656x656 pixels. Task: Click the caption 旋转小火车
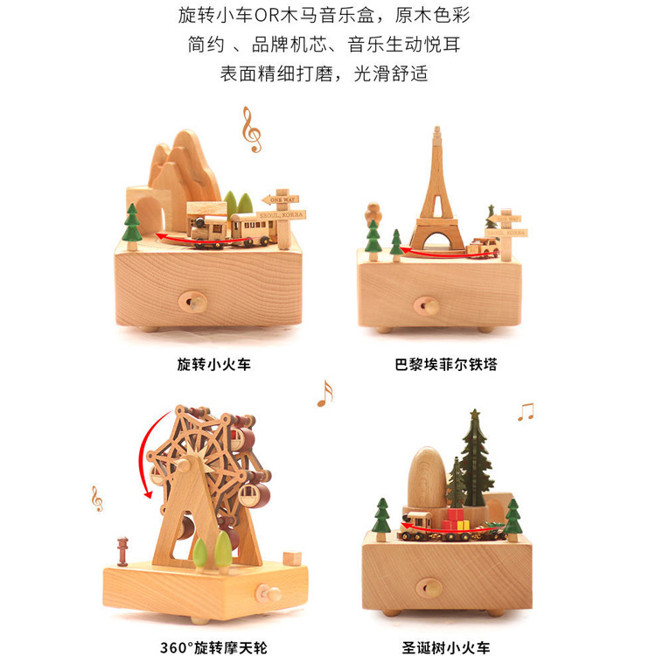coord(213,364)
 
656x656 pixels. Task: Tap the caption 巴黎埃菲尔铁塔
coord(445,364)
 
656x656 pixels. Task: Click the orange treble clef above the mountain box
coord(251,129)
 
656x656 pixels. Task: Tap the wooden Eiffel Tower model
coord(436,192)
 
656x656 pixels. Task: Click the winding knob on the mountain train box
coord(193,304)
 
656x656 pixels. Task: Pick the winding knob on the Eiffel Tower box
coord(427,305)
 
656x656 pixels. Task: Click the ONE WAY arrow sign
coord(280,199)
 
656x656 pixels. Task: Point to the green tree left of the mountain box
coord(132,224)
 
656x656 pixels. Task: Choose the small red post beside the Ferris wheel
coord(122,550)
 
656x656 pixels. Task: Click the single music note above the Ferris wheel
coord(325,394)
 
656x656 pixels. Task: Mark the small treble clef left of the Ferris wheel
coord(96,499)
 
